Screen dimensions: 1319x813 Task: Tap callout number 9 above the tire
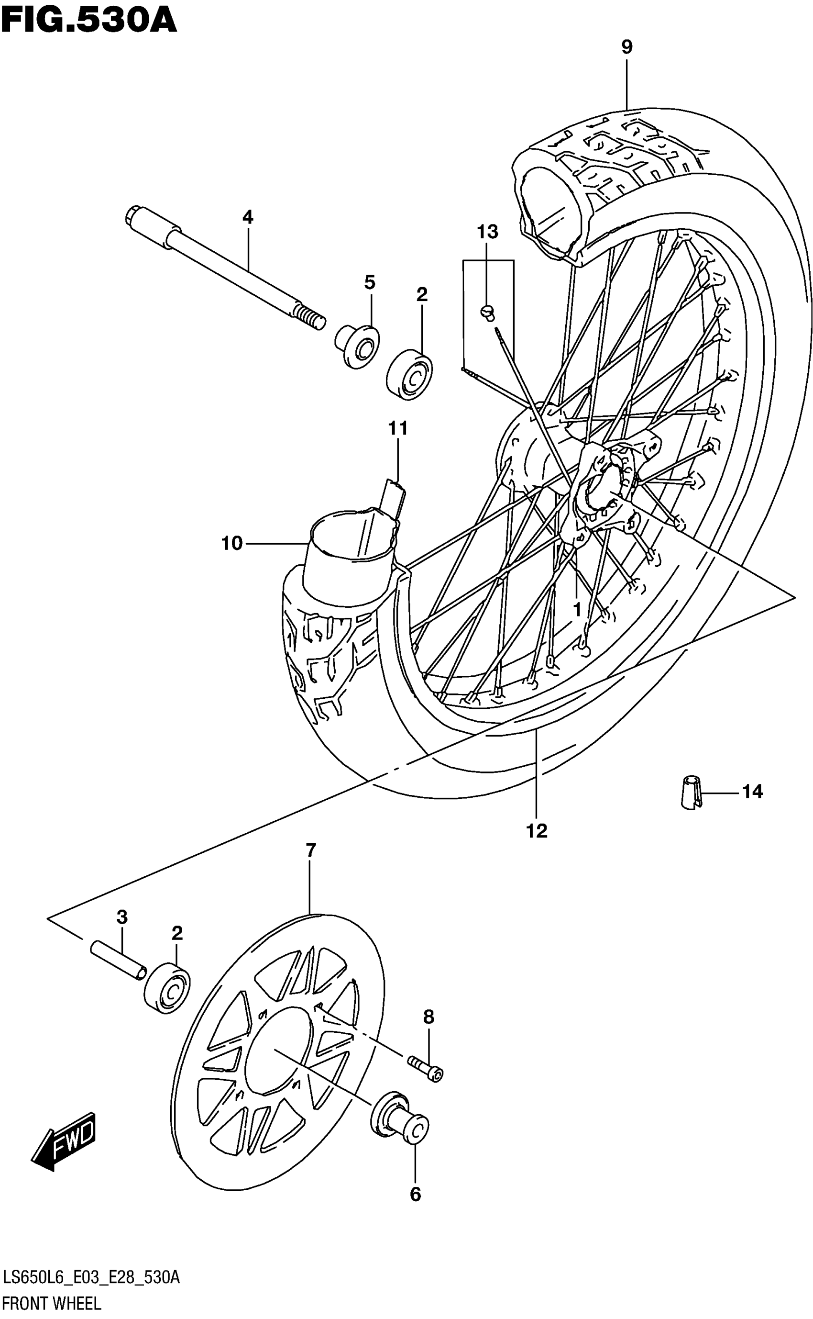click(626, 47)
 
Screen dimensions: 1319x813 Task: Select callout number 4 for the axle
click(247, 217)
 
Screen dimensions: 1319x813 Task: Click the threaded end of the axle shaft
click(311, 317)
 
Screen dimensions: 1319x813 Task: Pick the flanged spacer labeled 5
click(358, 347)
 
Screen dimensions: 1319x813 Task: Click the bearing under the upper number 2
click(410, 376)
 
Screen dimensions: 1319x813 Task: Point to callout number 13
click(487, 233)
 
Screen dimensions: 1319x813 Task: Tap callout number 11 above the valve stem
click(398, 429)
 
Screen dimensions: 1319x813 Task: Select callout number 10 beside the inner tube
click(232, 544)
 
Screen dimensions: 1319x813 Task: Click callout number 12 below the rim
click(537, 831)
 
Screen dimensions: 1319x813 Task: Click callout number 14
click(752, 792)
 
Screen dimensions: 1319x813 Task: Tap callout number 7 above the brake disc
click(311, 850)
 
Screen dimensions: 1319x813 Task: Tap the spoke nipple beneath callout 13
click(488, 312)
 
